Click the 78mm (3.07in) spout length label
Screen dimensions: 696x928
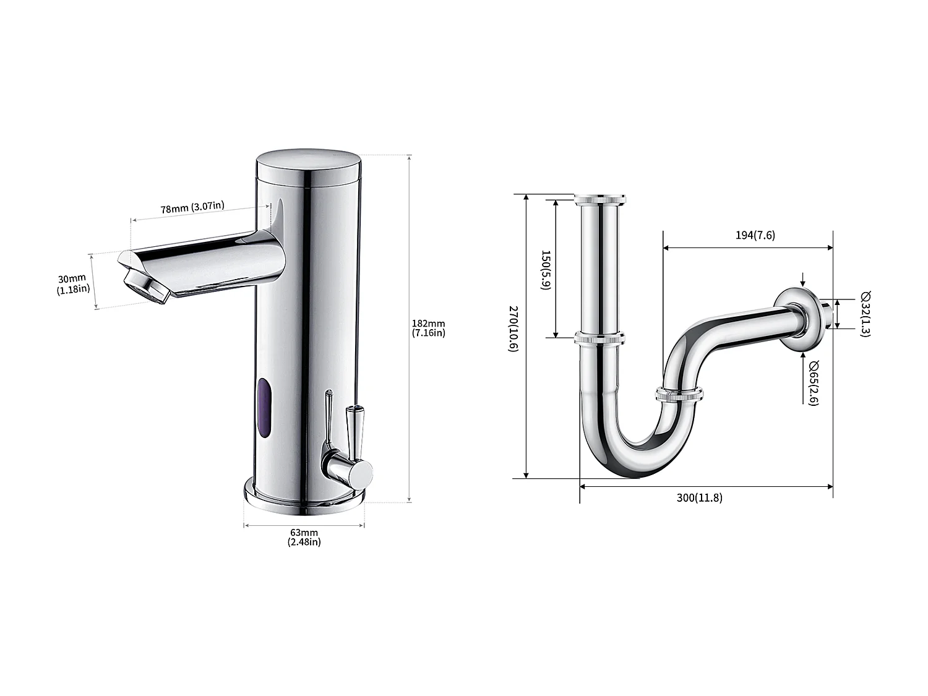point(192,208)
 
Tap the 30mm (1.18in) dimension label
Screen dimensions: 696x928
point(73,283)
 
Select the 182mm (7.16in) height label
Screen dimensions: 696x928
point(428,328)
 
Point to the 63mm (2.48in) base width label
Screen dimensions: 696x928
point(304,536)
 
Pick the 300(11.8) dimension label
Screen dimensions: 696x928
point(699,497)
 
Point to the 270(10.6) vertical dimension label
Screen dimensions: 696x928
point(513,328)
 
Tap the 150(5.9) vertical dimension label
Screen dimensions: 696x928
point(545,270)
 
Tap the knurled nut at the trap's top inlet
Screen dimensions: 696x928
point(600,199)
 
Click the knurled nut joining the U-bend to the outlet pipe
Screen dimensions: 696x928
point(679,395)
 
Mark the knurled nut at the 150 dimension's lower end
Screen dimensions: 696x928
point(599,338)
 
